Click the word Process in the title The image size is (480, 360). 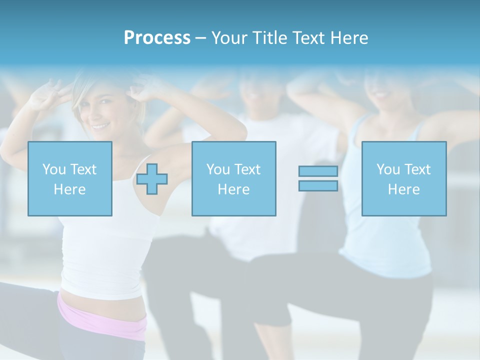click(157, 38)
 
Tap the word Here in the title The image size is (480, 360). click(348, 38)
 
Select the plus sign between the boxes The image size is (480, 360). click(152, 179)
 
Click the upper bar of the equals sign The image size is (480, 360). click(318, 171)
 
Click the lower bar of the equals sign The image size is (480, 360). click(318, 185)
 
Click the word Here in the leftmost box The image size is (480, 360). click(70, 189)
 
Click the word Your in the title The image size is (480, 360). click(231, 38)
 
